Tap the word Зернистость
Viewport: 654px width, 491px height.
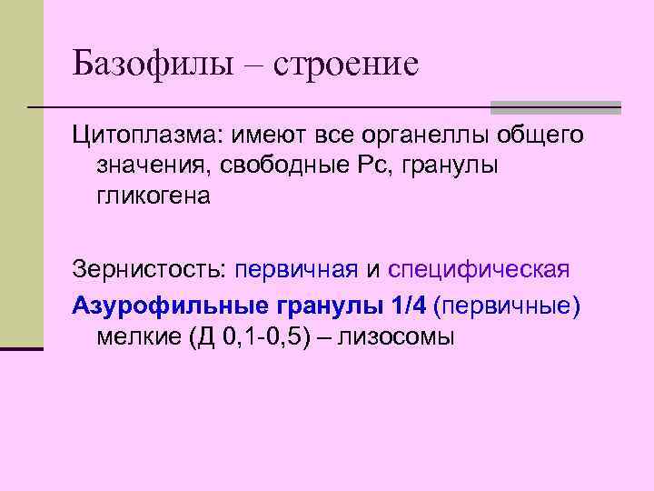pyautogui.click(x=149, y=271)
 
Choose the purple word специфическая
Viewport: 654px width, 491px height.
pyautogui.click(x=479, y=271)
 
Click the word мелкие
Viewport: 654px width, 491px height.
pyautogui.click(x=137, y=336)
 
